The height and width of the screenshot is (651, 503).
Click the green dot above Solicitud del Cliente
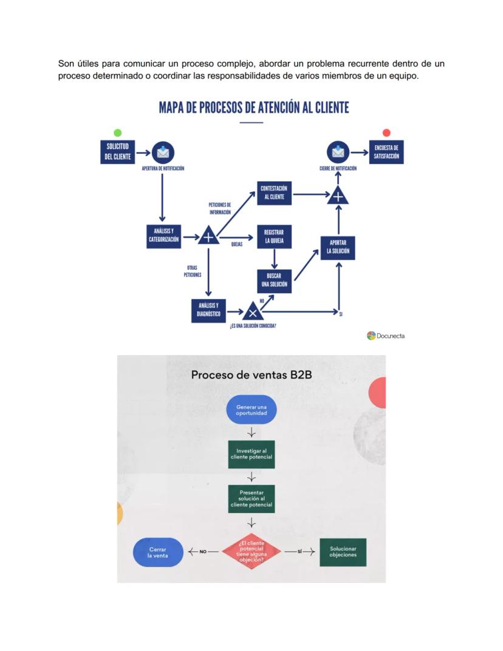click(117, 133)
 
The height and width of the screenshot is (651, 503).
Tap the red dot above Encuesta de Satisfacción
click(386, 133)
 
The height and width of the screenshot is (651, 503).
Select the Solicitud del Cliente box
click(117, 152)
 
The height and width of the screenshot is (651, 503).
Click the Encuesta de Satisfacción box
click(386, 152)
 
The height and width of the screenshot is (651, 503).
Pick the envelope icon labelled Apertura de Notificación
click(162, 152)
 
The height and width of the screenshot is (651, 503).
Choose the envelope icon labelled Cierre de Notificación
click(338, 152)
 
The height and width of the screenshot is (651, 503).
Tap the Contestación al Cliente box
click(274, 193)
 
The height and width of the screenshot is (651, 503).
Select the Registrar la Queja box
click(274, 236)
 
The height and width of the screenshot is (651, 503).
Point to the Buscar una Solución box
click(274, 280)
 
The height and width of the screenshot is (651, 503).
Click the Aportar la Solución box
click(338, 246)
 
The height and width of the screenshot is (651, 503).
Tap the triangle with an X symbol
click(251, 312)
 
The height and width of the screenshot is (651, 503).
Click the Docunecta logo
click(386, 336)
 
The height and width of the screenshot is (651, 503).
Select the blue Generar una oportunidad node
click(251, 409)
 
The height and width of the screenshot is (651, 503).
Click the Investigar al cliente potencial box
click(251, 454)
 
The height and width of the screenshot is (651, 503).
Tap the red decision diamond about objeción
click(251, 551)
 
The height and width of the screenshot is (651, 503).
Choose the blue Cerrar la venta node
click(158, 552)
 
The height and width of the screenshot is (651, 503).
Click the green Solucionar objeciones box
click(343, 552)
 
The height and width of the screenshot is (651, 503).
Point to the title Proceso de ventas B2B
click(251, 374)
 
